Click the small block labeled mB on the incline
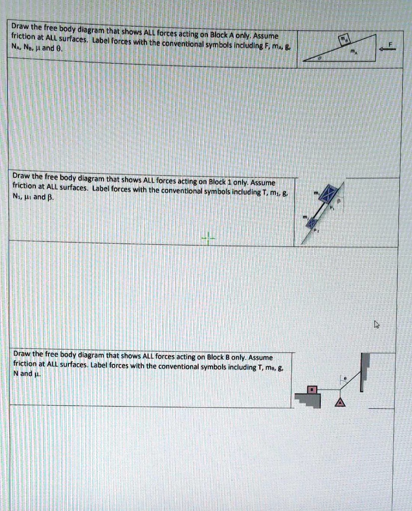[344, 40]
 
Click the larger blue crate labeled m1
[328, 193]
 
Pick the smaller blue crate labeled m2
[311, 223]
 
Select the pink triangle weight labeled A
[340, 402]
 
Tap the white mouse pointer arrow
[377, 325]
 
